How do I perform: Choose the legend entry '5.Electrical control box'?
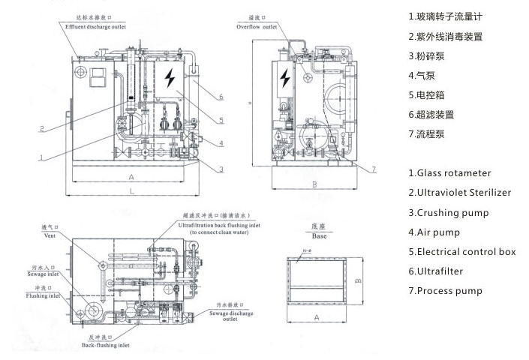[461, 251]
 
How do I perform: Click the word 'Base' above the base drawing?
[317, 235]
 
